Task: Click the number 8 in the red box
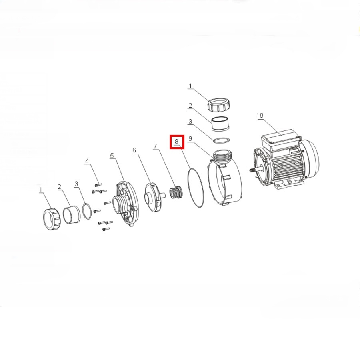(x=176, y=142)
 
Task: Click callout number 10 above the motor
(x=260, y=116)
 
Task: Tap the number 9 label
(x=190, y=138)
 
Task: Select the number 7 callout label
(x=155, y=146)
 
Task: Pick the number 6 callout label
(x=134, y=150)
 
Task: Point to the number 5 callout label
(x=112, y=156)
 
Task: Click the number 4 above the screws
(x=87, y=161)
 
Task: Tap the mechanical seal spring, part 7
(x=175, y=193)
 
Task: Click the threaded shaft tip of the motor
(x=252, y=170)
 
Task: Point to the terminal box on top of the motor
(x=280, y=139)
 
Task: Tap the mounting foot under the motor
(x=288, y=183)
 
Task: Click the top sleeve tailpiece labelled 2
(x=220, y=124)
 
